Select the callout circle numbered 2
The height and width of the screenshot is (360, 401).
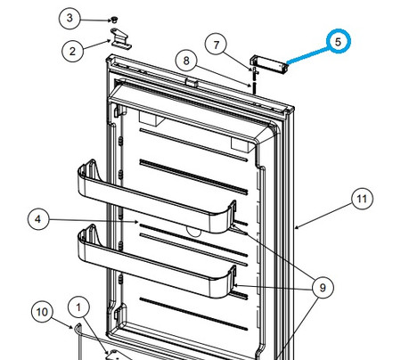point(73,51)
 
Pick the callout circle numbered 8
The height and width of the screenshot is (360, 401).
point(185,61)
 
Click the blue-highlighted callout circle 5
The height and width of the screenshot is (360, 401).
point(340,41)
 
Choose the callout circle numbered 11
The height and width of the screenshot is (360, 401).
point(360,200)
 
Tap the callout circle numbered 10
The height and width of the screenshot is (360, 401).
point(42,312)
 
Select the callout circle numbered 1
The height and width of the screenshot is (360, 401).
point(80,308)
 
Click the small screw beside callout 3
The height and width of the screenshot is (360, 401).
point(116,19)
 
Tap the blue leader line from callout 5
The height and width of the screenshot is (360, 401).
point(307,53)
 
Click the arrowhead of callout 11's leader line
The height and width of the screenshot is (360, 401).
point(297,228)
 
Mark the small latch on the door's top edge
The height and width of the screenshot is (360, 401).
point(190,82)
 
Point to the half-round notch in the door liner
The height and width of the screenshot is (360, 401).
point(191,229)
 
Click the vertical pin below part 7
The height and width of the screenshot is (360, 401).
point(255,80)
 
